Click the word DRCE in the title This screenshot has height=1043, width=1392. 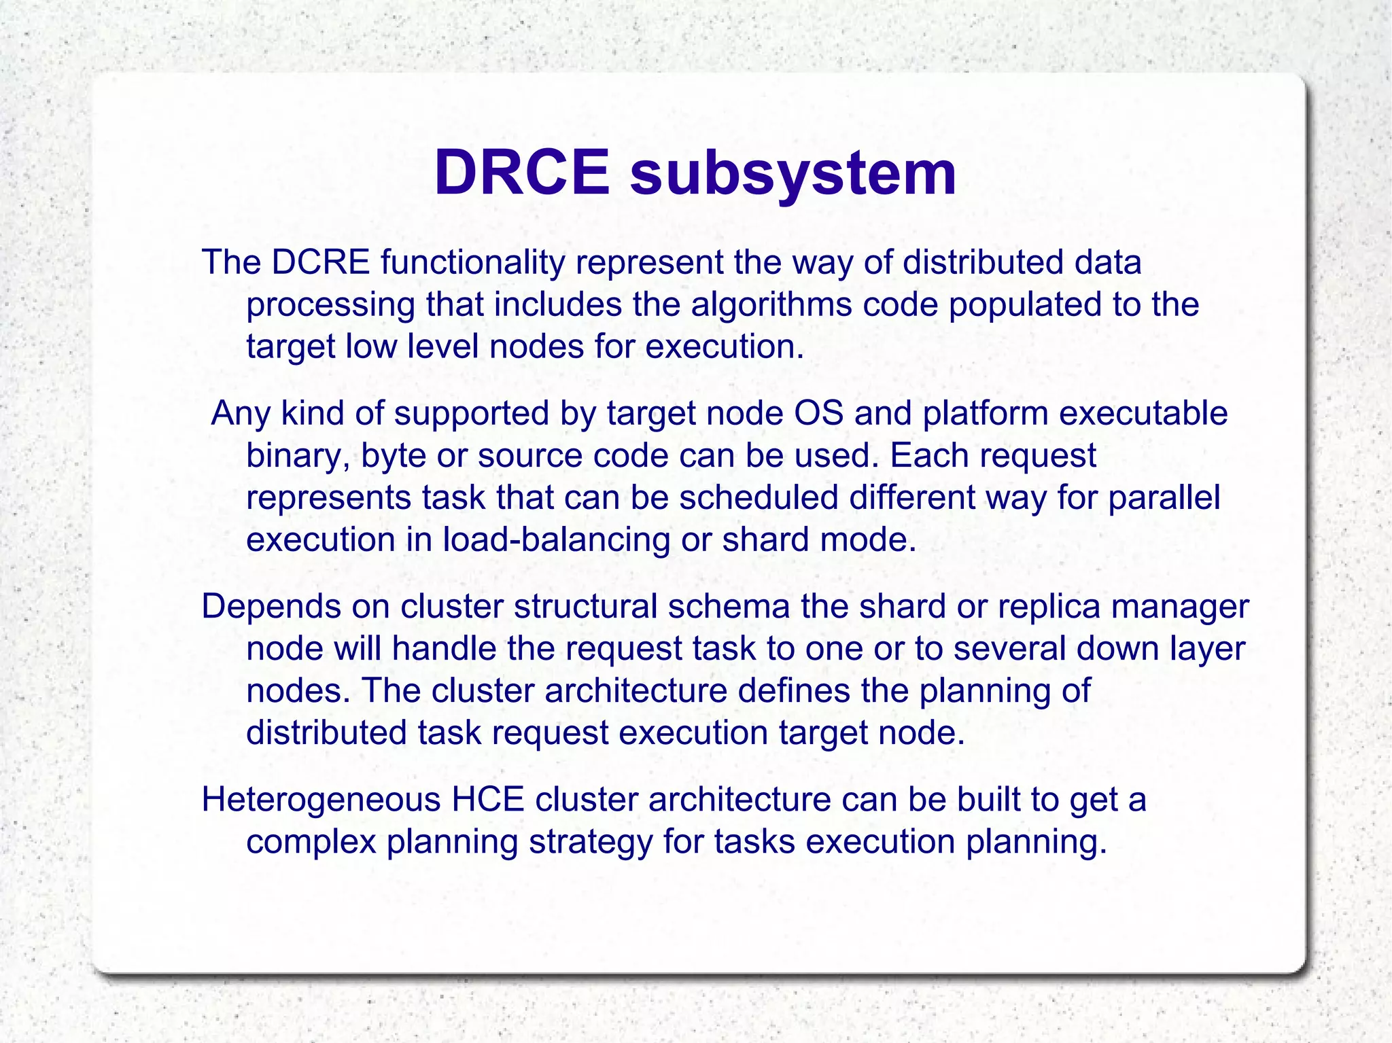[x=522, y=173]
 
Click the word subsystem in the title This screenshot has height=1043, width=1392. [x=793, y=175]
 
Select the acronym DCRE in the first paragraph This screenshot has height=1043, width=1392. [x=321, y=262]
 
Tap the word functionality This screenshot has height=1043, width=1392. [x=472, y=264]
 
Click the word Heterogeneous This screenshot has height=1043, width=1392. [x=321, y=800]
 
